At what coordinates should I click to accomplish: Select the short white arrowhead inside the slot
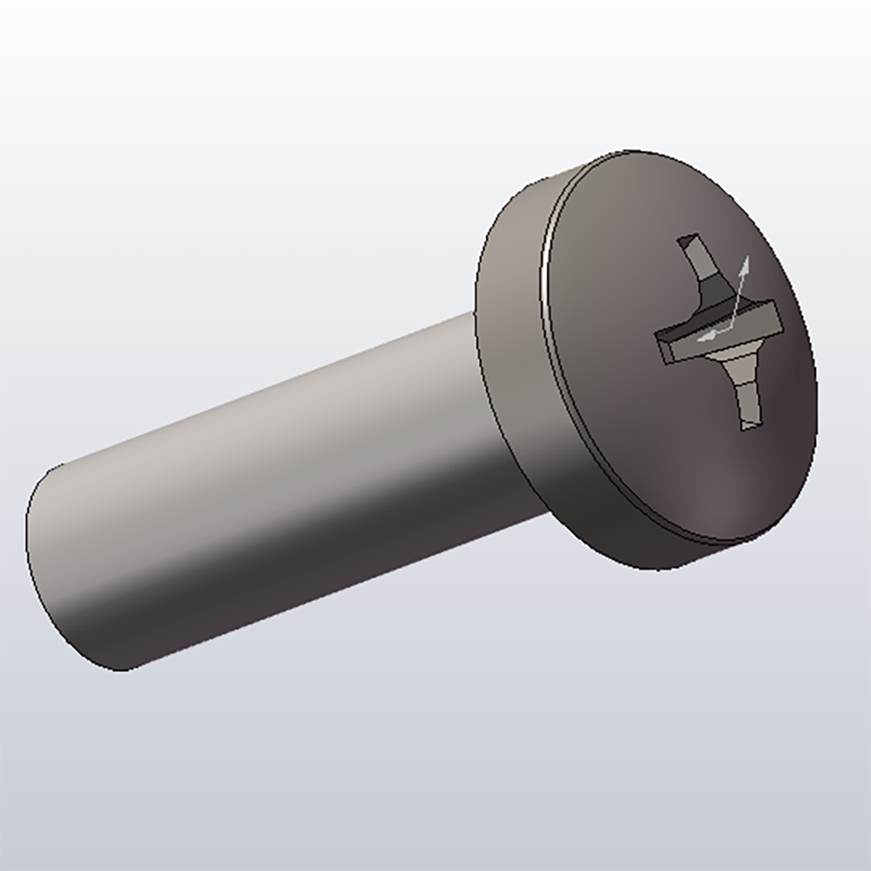(x=705, y=334)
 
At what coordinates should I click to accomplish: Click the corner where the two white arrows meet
(x=730, y=327)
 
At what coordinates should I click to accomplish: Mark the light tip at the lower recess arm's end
(x=751, y=425)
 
